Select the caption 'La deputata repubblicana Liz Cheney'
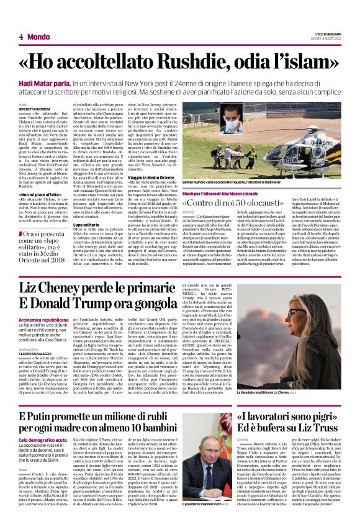(x=282, y=375)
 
